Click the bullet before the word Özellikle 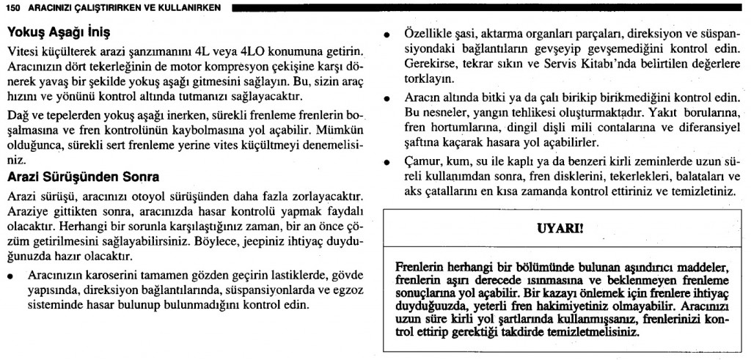tap(387, 35)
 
